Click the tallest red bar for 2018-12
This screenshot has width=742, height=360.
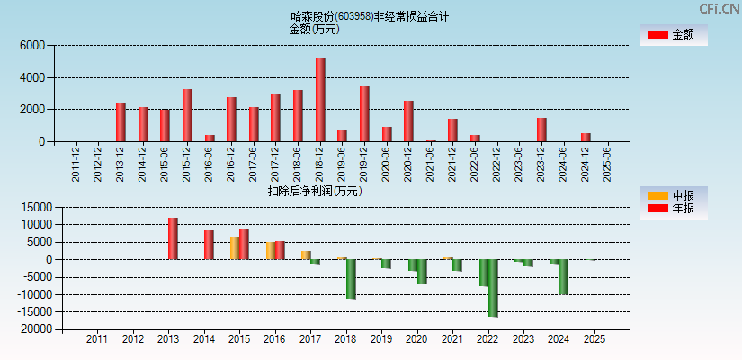pyautogui.click(x=320, y=100)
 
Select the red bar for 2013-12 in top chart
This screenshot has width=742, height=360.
pyautogui.click(x=121, y=121)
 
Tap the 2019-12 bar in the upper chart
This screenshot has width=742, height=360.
pyautogui.click(x=364, y=113)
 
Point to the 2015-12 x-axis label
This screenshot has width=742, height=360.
pyautogui.click(x=187, y=164)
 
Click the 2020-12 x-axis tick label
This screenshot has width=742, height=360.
pyautogui.click(x=408, y=164)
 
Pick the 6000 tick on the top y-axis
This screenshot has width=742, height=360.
pyautogui.click(x=31, y=45)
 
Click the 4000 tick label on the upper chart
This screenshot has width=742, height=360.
pyautogui.click(x=31, y=77)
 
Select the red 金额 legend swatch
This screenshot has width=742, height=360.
pyautogui.click(x=657, y=34)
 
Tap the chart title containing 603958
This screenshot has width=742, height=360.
pyautogui.click(x=370, y=16)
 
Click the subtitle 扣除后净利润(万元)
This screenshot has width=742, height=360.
pyautogui.click(x=314, y=191)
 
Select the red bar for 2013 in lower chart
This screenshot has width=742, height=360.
pyautogui.click(x=173, y=238)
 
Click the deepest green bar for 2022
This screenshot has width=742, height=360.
pyautogui.click(x=493, y=288)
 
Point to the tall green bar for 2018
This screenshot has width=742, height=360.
pyautogui.click(x=351, y=279)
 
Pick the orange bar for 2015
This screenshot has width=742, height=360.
pyautogui.click(x=235, y=248)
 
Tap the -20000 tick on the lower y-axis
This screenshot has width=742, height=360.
pyautogui.click(x=35, y=329)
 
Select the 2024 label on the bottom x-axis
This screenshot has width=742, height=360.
pyautogui.click(x=559, y=339)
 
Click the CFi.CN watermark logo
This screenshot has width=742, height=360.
pyautogui.click(x=719, y=9)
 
